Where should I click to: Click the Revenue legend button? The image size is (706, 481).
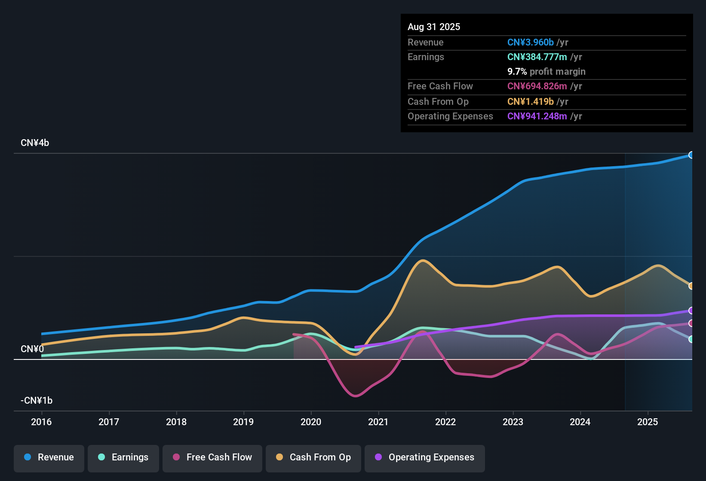click(x=49, y=457)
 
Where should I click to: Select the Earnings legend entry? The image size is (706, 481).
click(x=123, y=457)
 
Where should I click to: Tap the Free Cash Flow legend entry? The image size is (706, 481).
click(x=212, y=457)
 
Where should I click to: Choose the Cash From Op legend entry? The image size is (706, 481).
click(x=313, y=457)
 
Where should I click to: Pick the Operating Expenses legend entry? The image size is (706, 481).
click(x=425, y=457)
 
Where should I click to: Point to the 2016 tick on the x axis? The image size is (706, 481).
click(x=41, y=422)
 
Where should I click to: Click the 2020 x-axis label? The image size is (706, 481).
click(x=311, y=422)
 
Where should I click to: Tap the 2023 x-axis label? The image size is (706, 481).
click(x=513, y=422)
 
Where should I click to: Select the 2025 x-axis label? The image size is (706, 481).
click(x=648, y=422)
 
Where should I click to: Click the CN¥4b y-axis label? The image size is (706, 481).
click(x=35, y=143)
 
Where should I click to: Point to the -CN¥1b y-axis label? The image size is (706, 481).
click(x=37, y=401)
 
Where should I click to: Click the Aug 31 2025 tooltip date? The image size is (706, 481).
click(x=434, y=27)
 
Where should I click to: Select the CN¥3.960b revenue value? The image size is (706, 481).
click(x=531, y=43)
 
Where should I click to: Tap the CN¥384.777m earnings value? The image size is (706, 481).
click(x=537, y=57)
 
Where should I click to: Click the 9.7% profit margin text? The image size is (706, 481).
click(x=546, y=72)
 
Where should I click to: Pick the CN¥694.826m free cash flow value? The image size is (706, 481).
click(x=537, y=86)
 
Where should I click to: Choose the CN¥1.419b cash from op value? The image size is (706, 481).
click(x=531, y=102)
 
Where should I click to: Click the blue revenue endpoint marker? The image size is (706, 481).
click(x=691, y=155)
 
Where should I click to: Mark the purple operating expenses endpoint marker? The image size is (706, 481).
click(x=691, y=311)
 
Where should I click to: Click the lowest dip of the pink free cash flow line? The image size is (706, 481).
click(x=356, y=396)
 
